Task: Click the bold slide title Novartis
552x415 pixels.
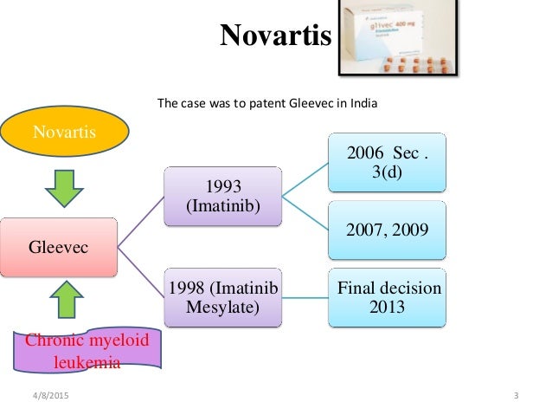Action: point(276,36)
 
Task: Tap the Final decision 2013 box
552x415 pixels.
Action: point(388,298)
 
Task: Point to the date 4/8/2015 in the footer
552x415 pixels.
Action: point(52,397)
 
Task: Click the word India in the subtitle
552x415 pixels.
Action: point(363,102)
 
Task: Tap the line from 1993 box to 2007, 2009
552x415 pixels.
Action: point(305,216)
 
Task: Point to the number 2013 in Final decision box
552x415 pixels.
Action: point(389,308)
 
